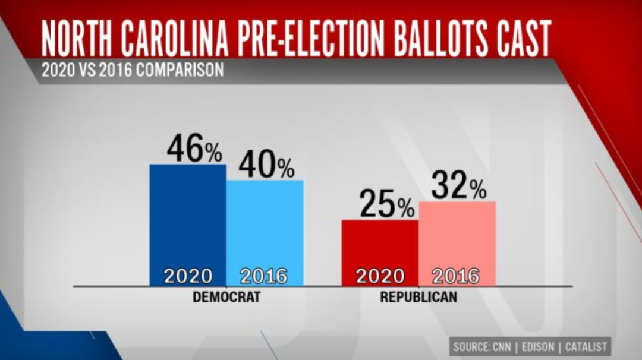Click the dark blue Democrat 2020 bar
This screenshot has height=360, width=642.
coord(188,220)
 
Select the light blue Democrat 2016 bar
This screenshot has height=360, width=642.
coord(265,226)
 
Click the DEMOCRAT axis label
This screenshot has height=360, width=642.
coord(226,297)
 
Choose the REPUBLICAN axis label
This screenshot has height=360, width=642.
coord(418,297)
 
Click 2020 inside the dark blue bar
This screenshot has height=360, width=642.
coord(188,276)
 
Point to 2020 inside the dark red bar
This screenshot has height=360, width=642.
coord(380,276)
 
